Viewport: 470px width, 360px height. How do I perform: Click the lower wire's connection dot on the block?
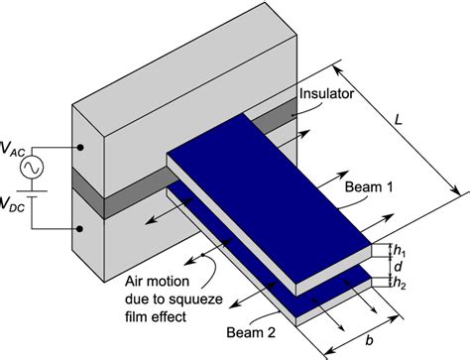[77, 229]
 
